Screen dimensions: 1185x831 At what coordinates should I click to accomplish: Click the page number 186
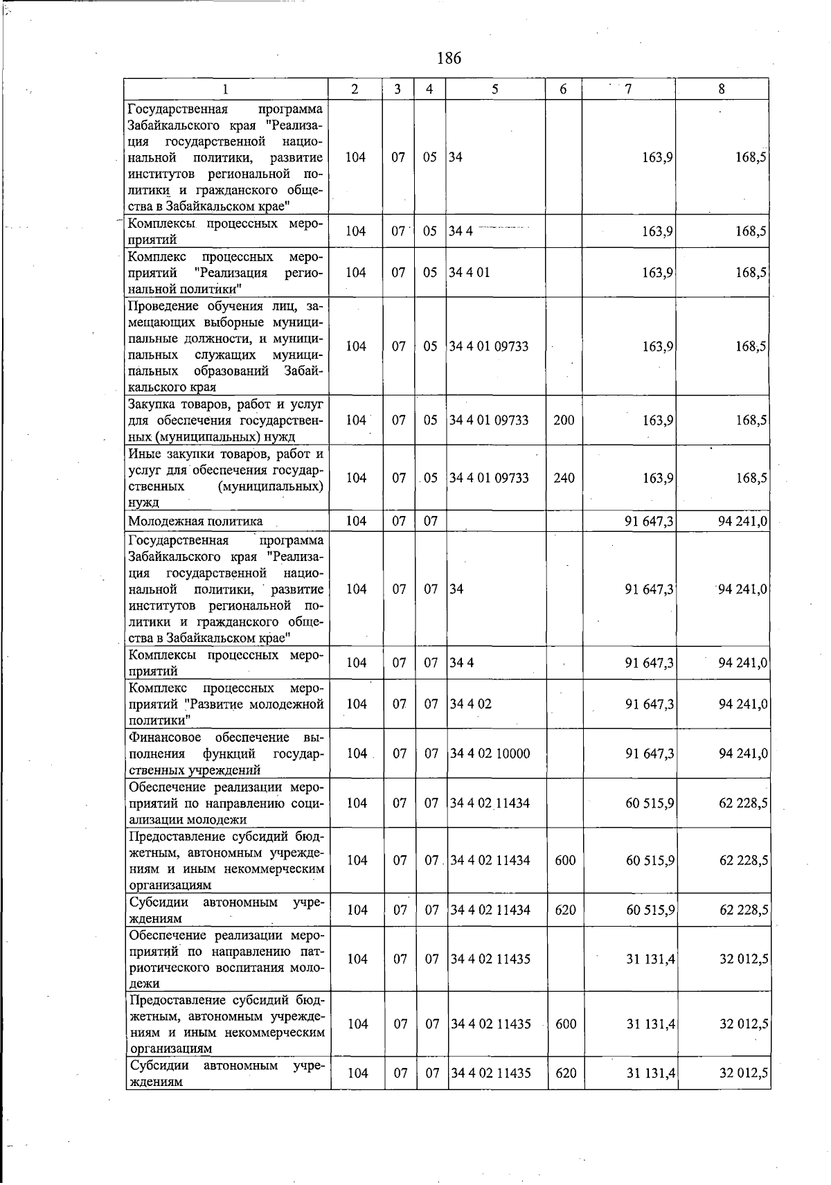(x=449, y=58)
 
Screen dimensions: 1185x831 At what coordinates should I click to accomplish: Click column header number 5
(x=494, y=89)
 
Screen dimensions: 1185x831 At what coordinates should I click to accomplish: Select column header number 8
(x=722, y=89)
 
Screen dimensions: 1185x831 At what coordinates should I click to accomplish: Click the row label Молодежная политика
(x=195, y=521)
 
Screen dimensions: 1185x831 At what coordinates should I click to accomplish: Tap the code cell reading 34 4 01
(x=470, y=272)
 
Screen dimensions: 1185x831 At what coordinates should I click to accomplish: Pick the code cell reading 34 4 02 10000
(x=490, y=753)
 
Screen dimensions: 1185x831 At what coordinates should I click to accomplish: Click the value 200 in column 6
(x=564, y=420)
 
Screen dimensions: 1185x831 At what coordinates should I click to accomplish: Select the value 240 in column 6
(x=564, y=478)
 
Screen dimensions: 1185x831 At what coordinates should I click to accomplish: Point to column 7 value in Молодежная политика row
(x=648, y=521)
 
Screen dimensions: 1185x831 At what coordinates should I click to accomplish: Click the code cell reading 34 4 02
(x=470, y=704)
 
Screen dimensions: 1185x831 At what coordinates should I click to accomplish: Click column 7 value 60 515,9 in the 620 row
(x=650, y=910)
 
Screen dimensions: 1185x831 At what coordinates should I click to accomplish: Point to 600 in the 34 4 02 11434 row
(x=566, y=860)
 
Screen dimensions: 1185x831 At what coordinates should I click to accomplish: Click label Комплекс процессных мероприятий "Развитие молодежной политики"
(x=226, y=704)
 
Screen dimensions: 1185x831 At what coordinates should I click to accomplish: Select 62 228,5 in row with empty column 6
(x=744, y=803)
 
